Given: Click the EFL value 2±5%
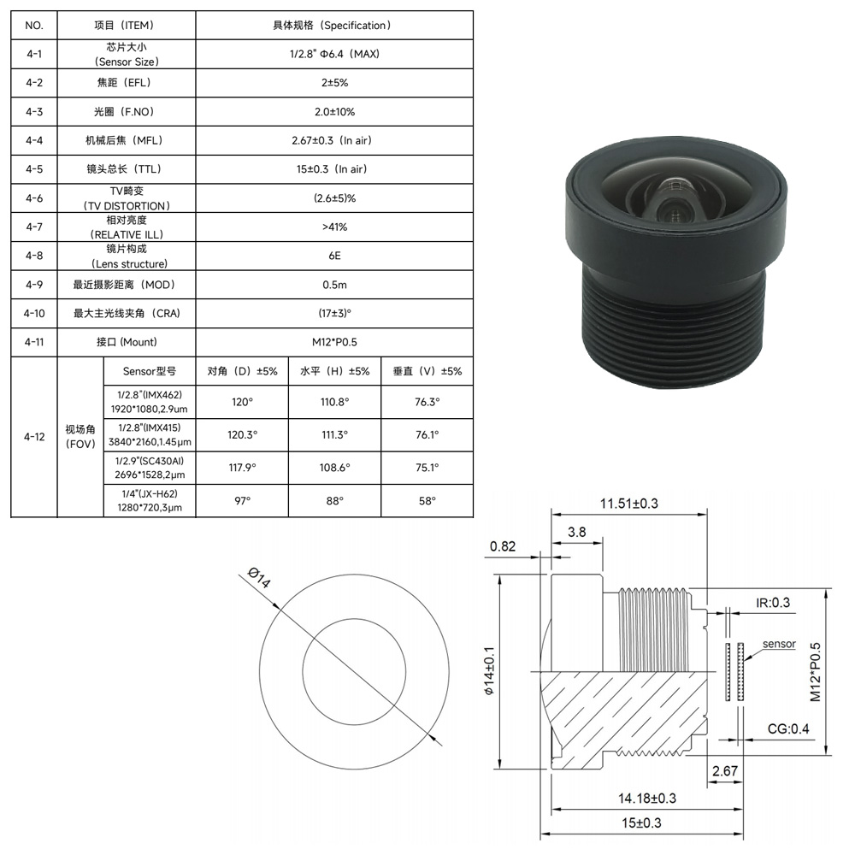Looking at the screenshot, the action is tap(334, 83).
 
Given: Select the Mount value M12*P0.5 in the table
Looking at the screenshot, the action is tap(334, 342).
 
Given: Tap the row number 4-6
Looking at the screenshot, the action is tap(34, 198).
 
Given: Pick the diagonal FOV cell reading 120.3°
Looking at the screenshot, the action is tap(242, 434).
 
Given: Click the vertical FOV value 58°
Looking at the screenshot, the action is tap(427, 500).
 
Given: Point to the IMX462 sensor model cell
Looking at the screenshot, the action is tap(150, 402).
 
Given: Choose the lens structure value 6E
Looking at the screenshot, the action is tap(334, 256).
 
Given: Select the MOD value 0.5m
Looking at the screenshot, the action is tap(334, 285).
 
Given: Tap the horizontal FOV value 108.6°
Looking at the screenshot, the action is tap(334, 468).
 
